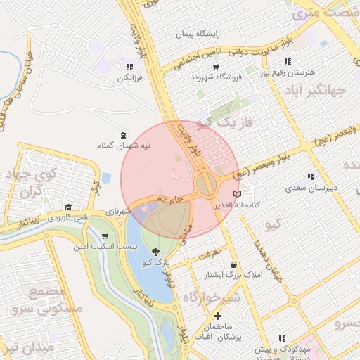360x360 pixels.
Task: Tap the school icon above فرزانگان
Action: [x=129, y=67]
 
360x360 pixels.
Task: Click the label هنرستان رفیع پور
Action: [x=289, y=72]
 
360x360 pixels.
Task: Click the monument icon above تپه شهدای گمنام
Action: [x=124, y=134]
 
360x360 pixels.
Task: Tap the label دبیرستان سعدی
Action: [x=311, y=188]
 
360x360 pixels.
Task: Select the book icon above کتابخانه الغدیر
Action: [x=237, y=193]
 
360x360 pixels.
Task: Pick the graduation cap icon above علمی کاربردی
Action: [x=68, y=207]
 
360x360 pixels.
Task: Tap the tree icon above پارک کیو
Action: [x=155, y=252]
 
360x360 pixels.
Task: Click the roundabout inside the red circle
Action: [x=207, y=185]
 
